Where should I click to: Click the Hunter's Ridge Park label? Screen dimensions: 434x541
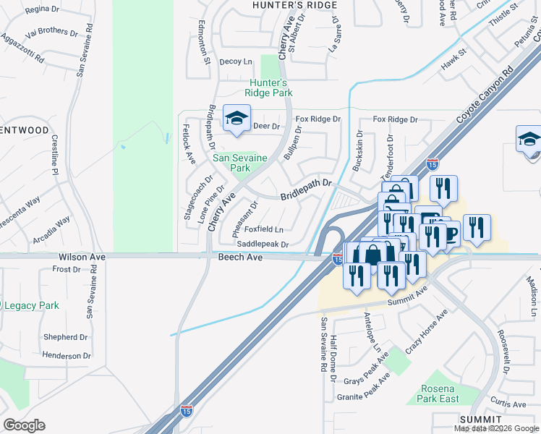[268, 88]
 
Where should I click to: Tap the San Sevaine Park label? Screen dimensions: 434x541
[239, 163]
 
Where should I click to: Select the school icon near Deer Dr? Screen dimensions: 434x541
[237, 120]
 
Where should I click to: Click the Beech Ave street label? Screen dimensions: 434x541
[239, 258]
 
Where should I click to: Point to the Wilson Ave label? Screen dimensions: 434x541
[82, 258]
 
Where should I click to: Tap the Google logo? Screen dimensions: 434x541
[24, 425]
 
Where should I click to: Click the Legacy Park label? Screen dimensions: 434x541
[32, 305]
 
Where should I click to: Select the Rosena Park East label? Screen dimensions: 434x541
[439, 394]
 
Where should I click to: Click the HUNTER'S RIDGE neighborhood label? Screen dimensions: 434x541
[294, 5]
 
